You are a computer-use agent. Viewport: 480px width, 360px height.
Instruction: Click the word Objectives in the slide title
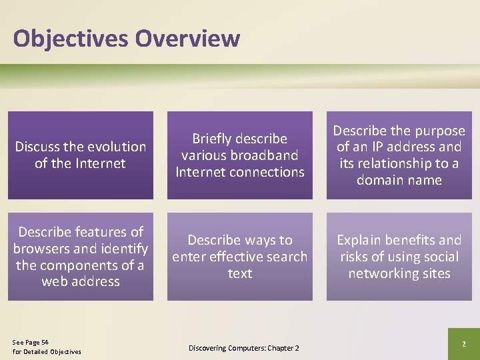71,38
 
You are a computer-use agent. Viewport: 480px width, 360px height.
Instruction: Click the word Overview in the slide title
187,38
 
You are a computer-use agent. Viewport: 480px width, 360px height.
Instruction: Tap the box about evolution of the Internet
81,155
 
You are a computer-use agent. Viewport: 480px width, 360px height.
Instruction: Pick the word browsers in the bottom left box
43,248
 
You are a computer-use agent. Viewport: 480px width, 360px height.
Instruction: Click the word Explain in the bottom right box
361,240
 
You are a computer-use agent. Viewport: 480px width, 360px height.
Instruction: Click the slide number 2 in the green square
463,343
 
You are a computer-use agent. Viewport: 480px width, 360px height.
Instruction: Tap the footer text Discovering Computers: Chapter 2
243,348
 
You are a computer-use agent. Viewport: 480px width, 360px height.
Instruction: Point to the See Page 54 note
31,341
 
